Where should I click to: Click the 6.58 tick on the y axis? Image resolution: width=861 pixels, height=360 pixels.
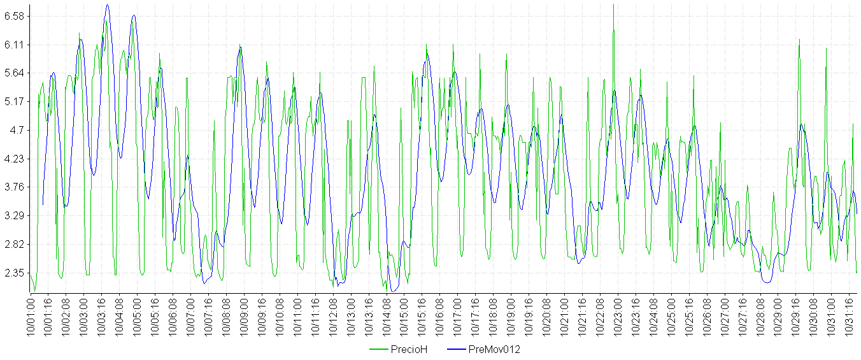point(13,16)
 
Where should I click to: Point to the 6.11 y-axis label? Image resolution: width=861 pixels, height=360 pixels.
point(13,45)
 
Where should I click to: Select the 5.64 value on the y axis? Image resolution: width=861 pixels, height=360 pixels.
point(13,73)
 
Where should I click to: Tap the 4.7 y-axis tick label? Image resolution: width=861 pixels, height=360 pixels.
point(15,130)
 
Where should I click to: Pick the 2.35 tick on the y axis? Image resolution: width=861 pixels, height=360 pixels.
point(13,273)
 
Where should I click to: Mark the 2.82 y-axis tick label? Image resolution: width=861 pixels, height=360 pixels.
point(13,244)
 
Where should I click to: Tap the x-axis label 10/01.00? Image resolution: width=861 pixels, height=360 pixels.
point(31,315)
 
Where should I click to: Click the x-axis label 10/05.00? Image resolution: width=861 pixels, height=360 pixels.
point(137,315)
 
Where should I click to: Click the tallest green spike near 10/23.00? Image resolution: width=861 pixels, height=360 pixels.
point(613,5)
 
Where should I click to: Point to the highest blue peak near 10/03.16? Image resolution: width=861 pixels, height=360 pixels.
point(107,5)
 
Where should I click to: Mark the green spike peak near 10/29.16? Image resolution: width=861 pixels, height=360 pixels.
point(799,40)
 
